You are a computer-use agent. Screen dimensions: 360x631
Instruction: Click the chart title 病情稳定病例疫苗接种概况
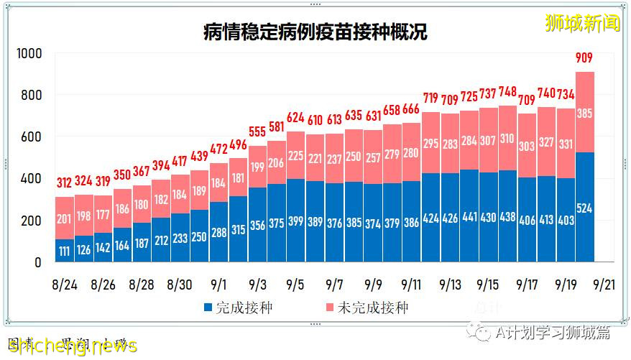315,32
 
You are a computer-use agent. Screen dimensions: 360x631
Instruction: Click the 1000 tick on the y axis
29,54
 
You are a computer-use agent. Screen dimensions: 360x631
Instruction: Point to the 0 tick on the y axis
38,263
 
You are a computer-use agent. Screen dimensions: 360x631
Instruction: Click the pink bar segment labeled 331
565,144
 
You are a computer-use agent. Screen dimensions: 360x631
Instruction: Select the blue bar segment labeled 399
295,219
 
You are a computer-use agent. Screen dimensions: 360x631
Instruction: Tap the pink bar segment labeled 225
295,156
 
